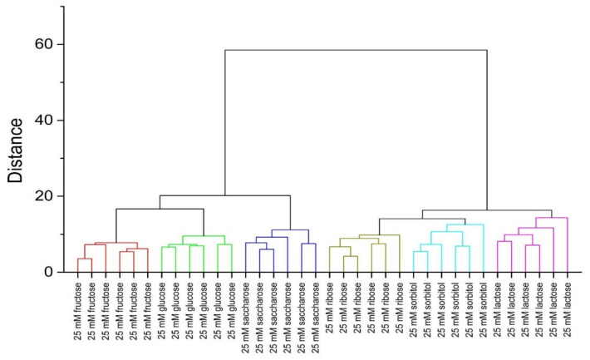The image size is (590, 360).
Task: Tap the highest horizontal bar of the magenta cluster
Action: tap(552, 217)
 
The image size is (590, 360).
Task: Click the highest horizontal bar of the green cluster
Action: tap(204, 235)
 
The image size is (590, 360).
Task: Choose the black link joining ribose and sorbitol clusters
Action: tap(415, 219)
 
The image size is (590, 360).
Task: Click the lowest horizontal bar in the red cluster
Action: tap(85, 259)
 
